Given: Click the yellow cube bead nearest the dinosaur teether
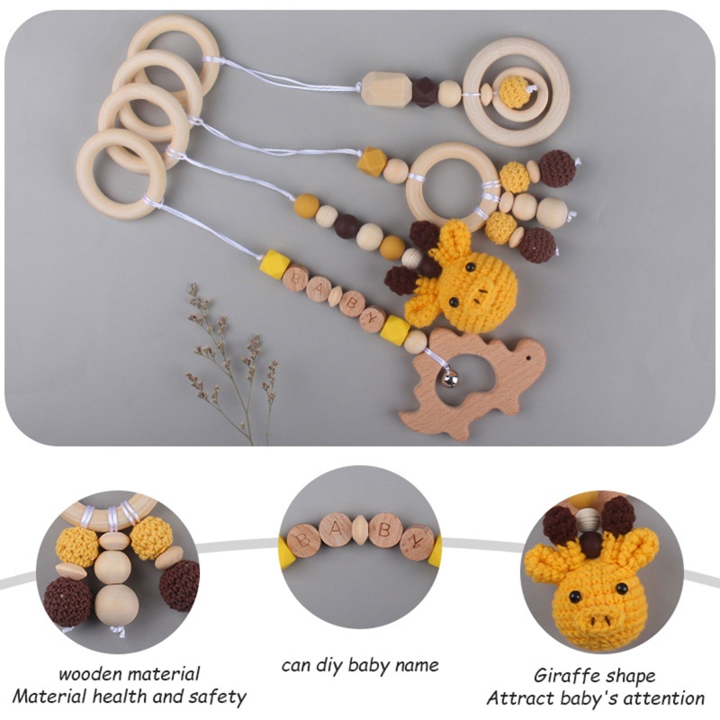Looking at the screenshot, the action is [393, 329].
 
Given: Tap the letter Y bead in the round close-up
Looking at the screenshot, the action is [417, 542].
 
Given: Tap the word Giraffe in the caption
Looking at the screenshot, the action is [563, 676].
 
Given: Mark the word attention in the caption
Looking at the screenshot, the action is [663, 697].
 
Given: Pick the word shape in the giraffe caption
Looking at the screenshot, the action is [626, 676].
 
